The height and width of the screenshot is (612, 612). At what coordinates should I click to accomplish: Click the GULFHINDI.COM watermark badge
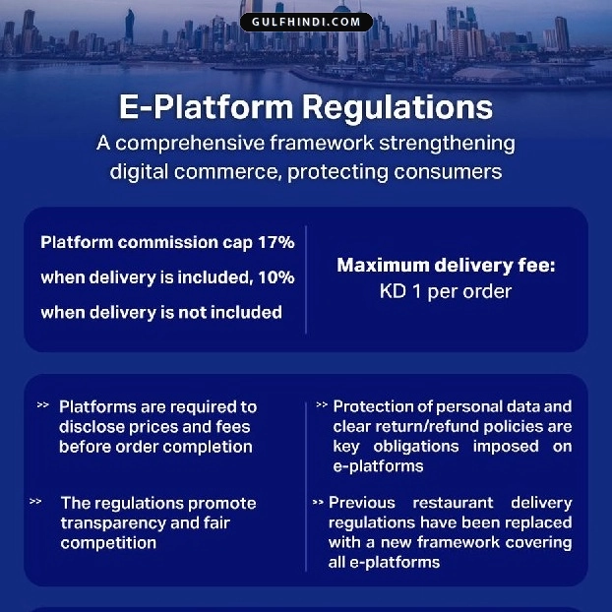306,22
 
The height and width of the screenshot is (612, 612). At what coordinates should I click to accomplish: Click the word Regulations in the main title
398,108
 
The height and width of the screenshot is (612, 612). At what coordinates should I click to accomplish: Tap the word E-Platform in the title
206,107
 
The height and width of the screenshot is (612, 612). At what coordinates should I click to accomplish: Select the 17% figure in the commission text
276,242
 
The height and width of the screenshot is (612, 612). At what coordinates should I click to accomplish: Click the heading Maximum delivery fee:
446,266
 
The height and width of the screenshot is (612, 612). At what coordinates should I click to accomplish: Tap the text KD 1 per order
446,291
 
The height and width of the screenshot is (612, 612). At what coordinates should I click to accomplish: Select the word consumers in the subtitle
448,172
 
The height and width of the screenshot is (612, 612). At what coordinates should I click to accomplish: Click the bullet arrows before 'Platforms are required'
43,404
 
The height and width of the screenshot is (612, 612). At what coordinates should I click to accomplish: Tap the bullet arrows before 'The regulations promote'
35,501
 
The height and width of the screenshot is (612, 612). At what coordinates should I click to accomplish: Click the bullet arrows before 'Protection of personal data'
322,404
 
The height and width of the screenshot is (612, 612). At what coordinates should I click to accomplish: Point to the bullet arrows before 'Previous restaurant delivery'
318,503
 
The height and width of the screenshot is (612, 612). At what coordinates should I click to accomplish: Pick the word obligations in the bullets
416,447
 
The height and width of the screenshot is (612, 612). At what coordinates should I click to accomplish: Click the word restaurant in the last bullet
453,503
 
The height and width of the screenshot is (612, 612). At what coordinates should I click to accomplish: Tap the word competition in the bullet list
108,543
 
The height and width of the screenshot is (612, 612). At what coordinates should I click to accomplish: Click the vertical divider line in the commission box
306,279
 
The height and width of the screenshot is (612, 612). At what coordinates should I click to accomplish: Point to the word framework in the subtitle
322,143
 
